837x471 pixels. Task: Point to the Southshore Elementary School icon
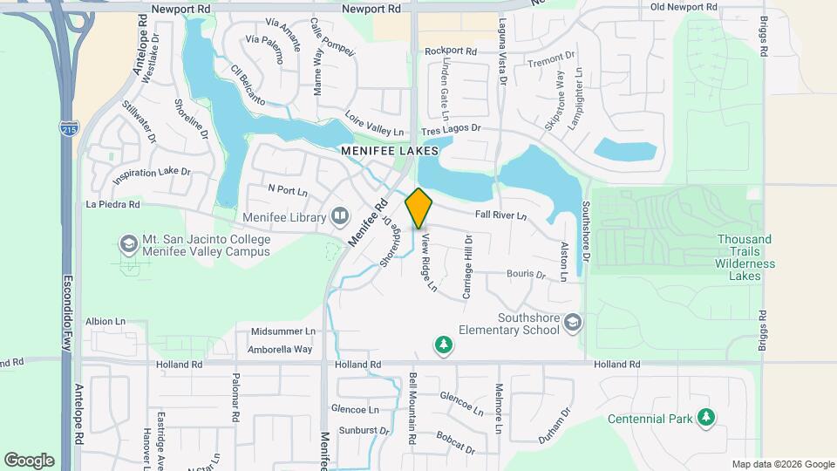pos(572,324)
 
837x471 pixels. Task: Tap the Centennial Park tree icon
pos(706,419)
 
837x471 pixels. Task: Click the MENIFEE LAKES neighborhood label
pos(389,150)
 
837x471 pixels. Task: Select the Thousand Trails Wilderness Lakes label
pos(745,257)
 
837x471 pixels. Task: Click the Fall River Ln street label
pos(501,215)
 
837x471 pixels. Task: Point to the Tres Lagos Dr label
pos(451,129)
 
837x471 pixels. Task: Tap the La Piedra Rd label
pos(113,206)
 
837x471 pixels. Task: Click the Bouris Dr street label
pos(526,274)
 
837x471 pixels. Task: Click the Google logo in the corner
pos(29,460)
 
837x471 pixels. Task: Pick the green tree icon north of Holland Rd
pos(444,345)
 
